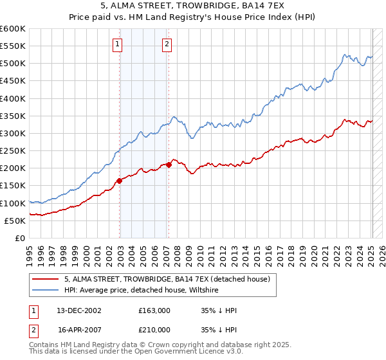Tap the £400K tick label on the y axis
12,98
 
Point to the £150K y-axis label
12,186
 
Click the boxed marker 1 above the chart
118,44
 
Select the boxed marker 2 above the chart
167,44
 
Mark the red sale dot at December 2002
120,181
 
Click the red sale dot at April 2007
169,165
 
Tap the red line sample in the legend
45,279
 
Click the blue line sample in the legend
45,290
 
